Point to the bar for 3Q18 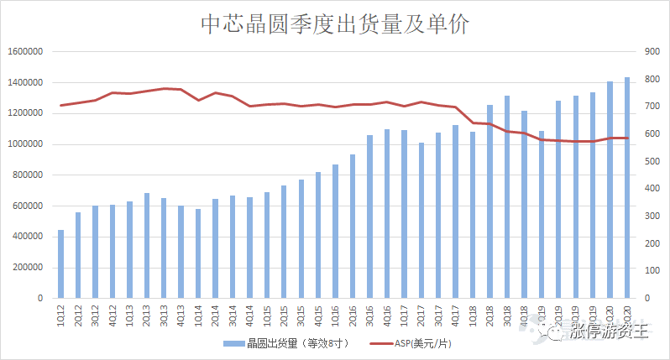click(x=506, y=196)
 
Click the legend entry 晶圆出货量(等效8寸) click(x=285, y=343)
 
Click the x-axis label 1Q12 click(x=60, y=315)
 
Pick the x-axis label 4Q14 click(x=249, y=315)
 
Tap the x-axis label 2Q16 click(x=353, y=315)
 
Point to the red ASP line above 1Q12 click(x=60, y=106)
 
